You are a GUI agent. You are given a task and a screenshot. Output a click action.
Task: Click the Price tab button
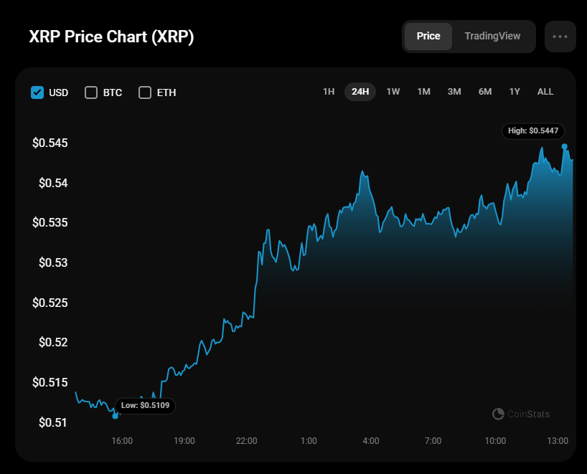428,36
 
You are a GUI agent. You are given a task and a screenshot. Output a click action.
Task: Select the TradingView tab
492,36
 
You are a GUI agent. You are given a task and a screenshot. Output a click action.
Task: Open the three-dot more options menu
560,37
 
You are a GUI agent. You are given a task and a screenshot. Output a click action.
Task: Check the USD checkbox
37,93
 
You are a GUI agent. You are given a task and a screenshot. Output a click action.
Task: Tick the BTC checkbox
91,93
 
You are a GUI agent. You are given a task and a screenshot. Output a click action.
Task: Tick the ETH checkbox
145,93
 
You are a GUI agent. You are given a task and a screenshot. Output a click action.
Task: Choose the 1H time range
329,92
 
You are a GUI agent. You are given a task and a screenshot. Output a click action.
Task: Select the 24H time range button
360,92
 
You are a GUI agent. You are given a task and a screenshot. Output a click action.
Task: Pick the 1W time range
393,92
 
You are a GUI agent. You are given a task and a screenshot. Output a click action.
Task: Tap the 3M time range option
454,92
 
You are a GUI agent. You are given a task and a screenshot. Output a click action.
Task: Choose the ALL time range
545,92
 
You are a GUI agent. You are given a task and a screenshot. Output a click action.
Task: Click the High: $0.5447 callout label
533,131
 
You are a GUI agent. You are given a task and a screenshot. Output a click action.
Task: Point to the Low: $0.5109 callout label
145,406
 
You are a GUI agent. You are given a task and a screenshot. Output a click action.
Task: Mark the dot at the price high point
565,146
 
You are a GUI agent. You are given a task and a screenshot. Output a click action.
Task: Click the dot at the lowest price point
116,416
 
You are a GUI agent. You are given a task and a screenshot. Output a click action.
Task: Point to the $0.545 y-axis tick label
50,143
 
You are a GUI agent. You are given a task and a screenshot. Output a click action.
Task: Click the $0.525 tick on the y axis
50,303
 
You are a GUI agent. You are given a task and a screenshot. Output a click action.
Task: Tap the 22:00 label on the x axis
246,440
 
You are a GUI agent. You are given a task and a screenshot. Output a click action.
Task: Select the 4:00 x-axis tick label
371,440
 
